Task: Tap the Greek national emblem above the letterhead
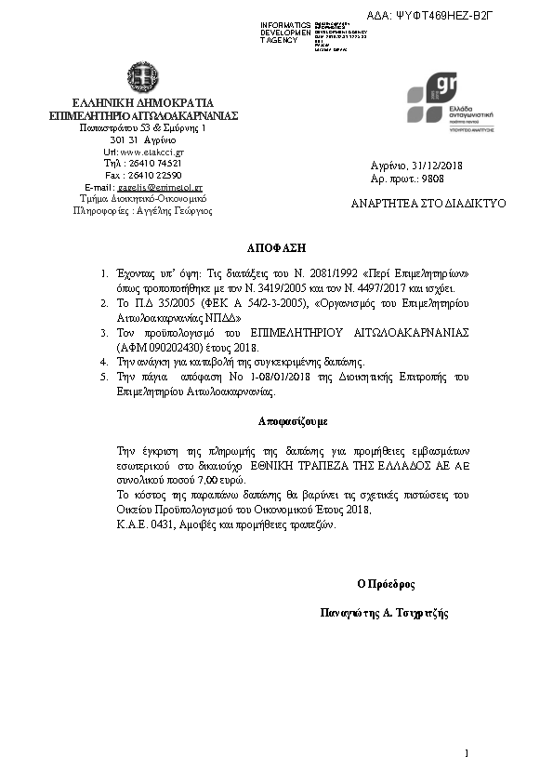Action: tap(144, 76)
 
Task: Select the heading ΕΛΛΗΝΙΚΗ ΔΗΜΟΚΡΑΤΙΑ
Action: tap(143, 102)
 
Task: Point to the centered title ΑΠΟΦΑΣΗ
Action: tap(275, 249)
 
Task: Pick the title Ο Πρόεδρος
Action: tap(386, 585)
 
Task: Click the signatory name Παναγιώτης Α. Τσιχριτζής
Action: tap(384, 614)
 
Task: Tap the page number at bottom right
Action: tap(467, 752)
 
